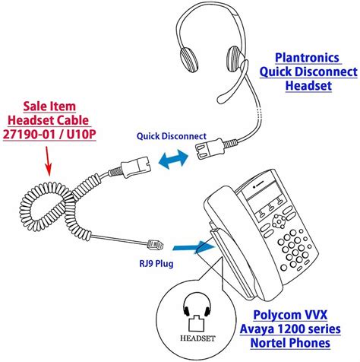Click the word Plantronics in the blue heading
click(x=307, y=58)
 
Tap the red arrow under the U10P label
click(x=48, y=161)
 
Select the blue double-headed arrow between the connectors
click(x=173, y=159)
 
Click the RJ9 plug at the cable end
click(x=156, y=245)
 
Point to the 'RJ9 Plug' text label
click(x=156, y=264)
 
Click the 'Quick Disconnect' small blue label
click(x=172, y=136)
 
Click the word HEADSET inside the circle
click(x=197, y=338)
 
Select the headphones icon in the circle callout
click(x=197, y=309)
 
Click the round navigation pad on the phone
click(x=279, y=221)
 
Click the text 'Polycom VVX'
click(x=290, y=315)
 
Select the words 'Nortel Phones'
click(x=290, y=343)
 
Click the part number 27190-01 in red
click(x=29, y=134)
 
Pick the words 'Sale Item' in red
click(x=49, y=106)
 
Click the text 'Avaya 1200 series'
click(x=290, y=329)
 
